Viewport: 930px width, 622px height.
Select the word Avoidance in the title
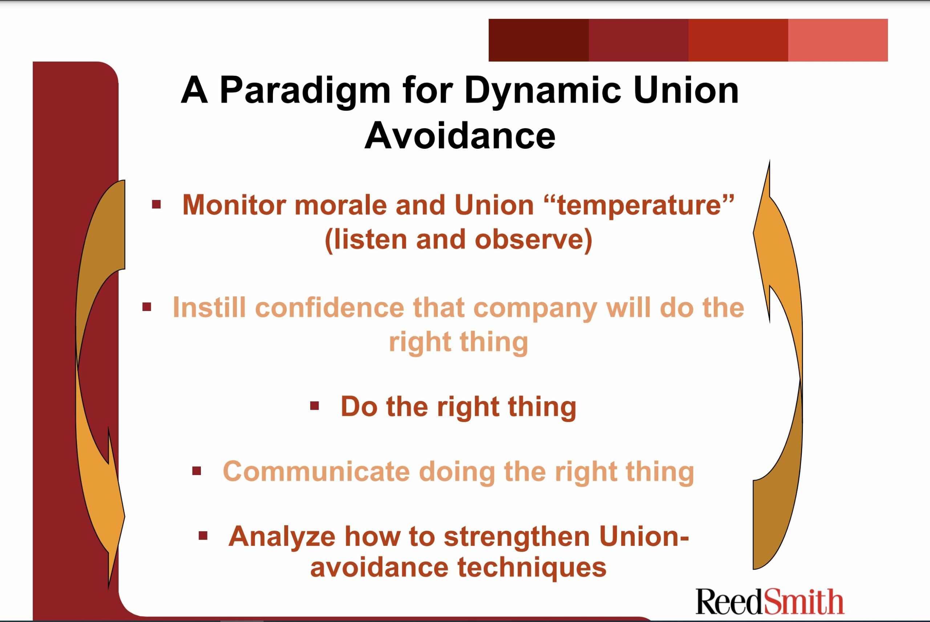(460, 136)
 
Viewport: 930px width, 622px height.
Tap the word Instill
(209, 308)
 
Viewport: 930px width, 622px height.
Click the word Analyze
(282, 536)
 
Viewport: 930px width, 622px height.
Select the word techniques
(532, 568)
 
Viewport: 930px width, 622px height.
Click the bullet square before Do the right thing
(315, 406)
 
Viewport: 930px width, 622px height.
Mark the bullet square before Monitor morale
(156, 205)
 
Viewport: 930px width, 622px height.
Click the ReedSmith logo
(769, 601)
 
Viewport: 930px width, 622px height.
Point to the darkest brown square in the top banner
(538, 40)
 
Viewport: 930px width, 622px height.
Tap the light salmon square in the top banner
(838, 40)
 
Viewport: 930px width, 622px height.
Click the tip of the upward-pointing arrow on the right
(769, 160)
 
